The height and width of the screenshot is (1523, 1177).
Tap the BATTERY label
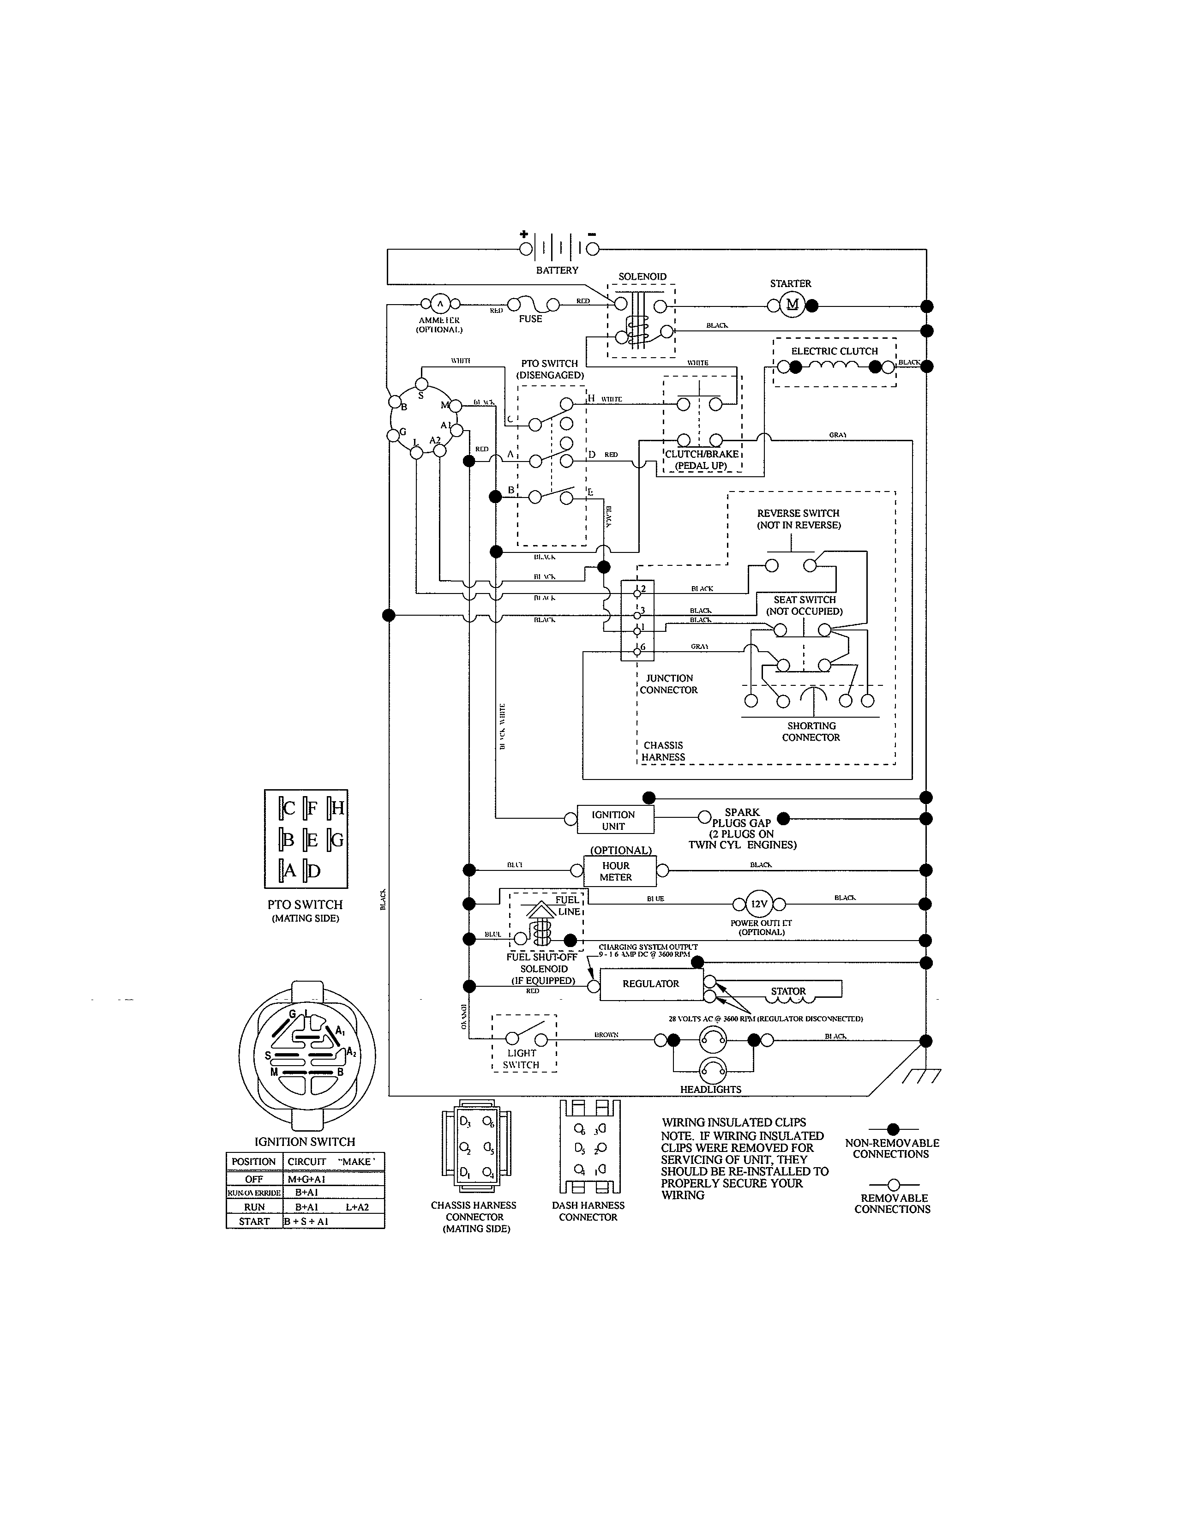(x=557, y=270)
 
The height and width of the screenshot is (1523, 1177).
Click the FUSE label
(x=530, y=319)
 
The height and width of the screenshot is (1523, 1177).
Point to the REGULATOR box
(x=650, y=984)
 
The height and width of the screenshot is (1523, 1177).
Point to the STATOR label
(x=788, y=991)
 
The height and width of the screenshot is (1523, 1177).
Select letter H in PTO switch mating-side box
(x=337, y=808)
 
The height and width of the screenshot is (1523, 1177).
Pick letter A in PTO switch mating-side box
(x=289, y=870)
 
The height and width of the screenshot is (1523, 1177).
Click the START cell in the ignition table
(x=254, y=1221)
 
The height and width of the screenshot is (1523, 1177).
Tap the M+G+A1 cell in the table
(x=307, y=1179)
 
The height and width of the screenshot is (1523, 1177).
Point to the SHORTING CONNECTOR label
(x=811, y=732)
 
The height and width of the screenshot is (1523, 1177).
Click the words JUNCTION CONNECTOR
(x=669, y=684)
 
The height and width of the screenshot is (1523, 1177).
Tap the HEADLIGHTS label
(x=710, y=1089)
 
